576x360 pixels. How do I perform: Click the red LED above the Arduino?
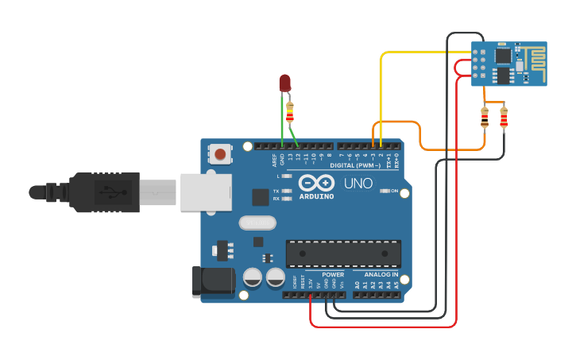point(285,82)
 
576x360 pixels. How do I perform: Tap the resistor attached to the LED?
point(290,113)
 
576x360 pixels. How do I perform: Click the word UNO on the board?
point(358,184)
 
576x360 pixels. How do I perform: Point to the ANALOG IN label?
point(376,274)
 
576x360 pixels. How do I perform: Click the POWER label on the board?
point(333,274)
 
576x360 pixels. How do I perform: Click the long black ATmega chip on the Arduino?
point(343,254)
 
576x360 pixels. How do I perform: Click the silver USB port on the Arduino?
point(206,192)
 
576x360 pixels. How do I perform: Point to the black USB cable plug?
point(103,192)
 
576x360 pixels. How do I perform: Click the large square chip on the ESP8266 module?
point(504,56)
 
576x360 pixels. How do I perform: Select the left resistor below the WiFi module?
point(485,118)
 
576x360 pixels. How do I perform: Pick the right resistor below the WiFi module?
point(503,118)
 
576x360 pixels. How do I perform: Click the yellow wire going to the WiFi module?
point(421,52)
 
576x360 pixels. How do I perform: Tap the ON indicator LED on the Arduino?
point(384,191)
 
